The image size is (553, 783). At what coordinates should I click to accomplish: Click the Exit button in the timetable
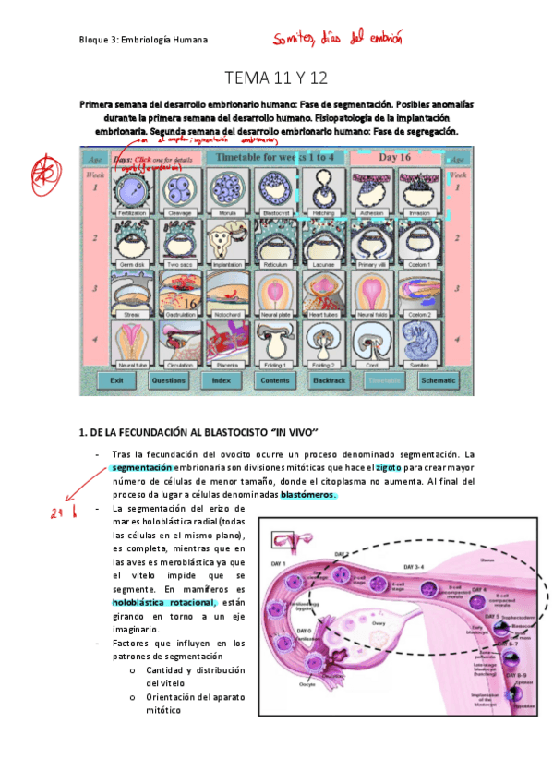pos(116,379)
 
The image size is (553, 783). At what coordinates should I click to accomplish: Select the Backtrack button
pos(329,379)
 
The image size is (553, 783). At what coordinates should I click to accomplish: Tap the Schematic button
pos(438,379)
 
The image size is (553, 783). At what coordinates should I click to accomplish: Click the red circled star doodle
pos(42,171)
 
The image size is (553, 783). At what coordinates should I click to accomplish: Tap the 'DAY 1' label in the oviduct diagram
pos(277,564)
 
